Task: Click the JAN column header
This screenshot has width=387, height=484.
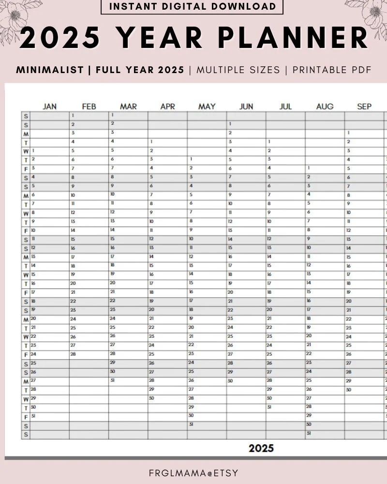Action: (x=49, y=106)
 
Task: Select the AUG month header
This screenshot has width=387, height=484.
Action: (x=325, y=106)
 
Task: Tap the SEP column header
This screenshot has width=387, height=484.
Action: (x=364, y=106)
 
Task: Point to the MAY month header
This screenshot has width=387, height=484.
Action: (x=207, y=106)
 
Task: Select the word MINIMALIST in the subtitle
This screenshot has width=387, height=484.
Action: (x=50, y=70)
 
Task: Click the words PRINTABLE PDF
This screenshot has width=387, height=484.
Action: (x=332, y=70)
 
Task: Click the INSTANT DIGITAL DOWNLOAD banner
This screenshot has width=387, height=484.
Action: (x=192, y=7)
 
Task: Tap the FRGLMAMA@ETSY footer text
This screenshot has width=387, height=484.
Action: (x=193, y=473)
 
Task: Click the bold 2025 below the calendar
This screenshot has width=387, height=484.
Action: (x=261, y=448)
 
